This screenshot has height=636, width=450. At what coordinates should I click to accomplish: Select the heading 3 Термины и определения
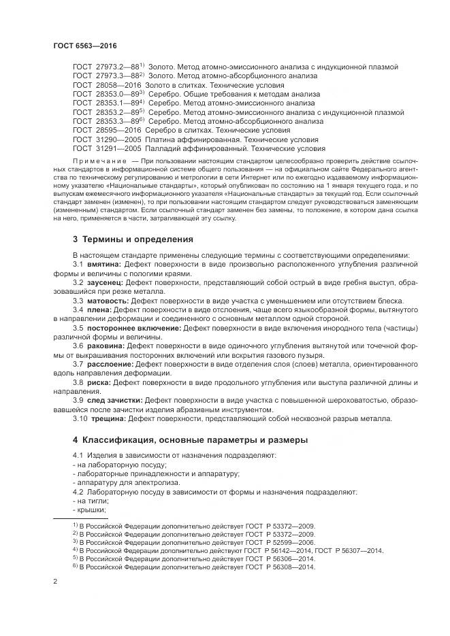[133, 239]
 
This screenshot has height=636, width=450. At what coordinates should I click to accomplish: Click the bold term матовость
[108, 301]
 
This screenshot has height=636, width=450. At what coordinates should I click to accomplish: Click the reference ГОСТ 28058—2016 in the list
[107, 85]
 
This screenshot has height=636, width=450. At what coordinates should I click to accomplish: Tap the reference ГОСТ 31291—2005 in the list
[107, 148]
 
